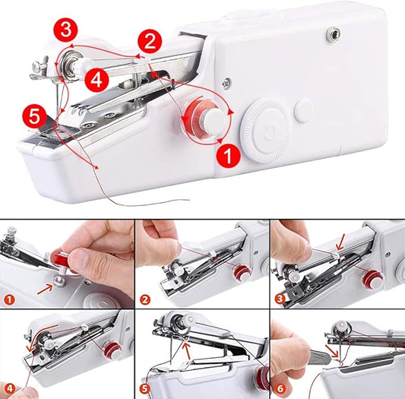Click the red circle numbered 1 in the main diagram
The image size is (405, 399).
(x=229, y=155)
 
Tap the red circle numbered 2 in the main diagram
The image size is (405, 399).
(x=150, y=41)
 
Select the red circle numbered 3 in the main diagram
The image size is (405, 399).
(x=65, y=30)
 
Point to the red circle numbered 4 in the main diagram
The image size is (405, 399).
(x=97, y=80)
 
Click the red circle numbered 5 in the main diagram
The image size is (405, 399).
(x=35, y=116)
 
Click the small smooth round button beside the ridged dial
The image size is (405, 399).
(x=303, y=111)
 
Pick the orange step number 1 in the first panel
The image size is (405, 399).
(x=9, y=299)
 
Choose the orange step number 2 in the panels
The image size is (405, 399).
(x=145, y=299)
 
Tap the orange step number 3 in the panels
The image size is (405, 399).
(x=280, y=299)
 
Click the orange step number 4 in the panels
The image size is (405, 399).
(x=9, y=389)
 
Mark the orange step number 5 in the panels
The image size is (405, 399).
(x=145, y=389)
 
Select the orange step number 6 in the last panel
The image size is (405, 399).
(x=280, y=389)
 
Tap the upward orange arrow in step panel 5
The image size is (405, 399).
(x=186, y=350)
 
